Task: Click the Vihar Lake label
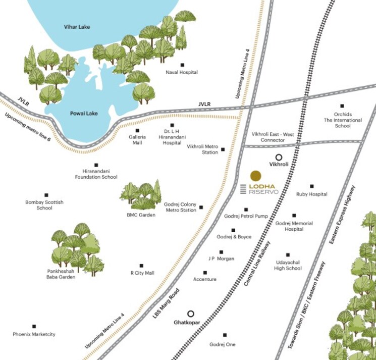(x=77, y=27)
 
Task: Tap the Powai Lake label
(x=83, y=114)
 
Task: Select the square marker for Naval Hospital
(x=182, y=65)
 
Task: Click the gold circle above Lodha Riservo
(x=256, y=176)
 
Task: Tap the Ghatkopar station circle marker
(x=191, y=313)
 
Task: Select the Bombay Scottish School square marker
(x=46, y=195)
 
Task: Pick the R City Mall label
(x=142, y=273)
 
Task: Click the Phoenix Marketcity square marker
(x=34, y=327)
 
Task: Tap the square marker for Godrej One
(x=225, y=335)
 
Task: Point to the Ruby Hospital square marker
(x=311, y=186)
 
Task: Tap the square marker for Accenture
(x=204, y=272)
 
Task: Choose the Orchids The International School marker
(x=342, y=106)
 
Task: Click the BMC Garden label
(x=141, y=215)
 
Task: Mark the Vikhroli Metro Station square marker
(x=223, y=149)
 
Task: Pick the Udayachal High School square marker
(x=288, y=255)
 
